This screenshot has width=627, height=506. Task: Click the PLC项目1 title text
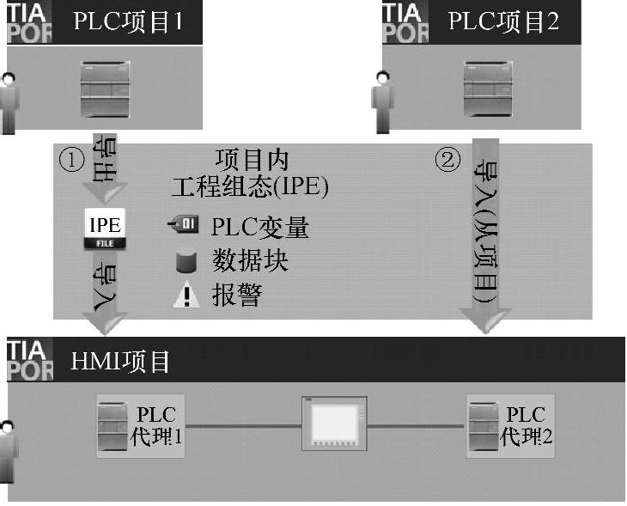pyautogui.click(x=128, y=21)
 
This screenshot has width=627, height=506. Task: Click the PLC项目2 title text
pyautogui.click(x=503, y=21)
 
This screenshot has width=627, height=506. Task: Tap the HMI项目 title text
pyautogui.click(x=120, y=362)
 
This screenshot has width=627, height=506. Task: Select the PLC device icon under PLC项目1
pyautogui.click(x=106, y=88)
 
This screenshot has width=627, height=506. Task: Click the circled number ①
pyautogui.click(x=70, y=160)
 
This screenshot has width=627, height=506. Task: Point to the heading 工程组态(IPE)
pyautogui.click(x=250, y=186)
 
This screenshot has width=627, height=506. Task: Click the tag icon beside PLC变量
pyautogui.click(x=182, y=226)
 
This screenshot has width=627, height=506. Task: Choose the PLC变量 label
pyautogui.click(x=260, y=227)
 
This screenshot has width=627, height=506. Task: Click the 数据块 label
pyautogui.click(x=250, y=261)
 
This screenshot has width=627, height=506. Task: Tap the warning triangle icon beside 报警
pyautogui.click(x=186, y=296)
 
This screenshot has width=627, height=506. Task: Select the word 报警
pyautogui.click(x=237, y=296)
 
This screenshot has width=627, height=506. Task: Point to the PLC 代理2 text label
pyautogui.click(x=527, y=425)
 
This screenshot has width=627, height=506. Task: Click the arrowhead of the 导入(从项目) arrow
pyautogui.click(x=487, y=321)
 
